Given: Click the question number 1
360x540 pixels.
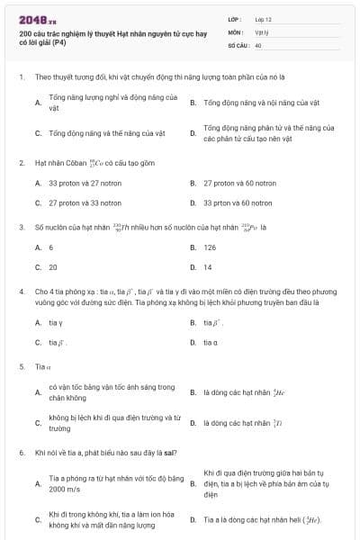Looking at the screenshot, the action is point(20,77).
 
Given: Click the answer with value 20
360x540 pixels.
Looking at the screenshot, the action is point(53,267).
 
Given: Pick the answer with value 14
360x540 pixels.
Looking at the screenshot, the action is point(208,267).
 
